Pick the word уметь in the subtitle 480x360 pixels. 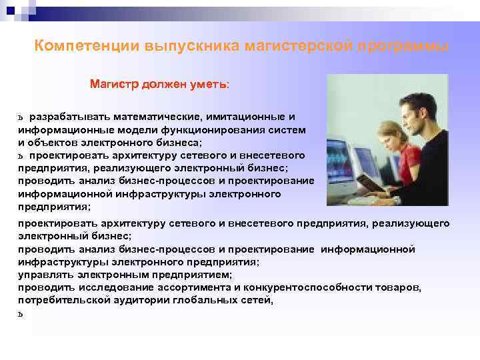point(209,85)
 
